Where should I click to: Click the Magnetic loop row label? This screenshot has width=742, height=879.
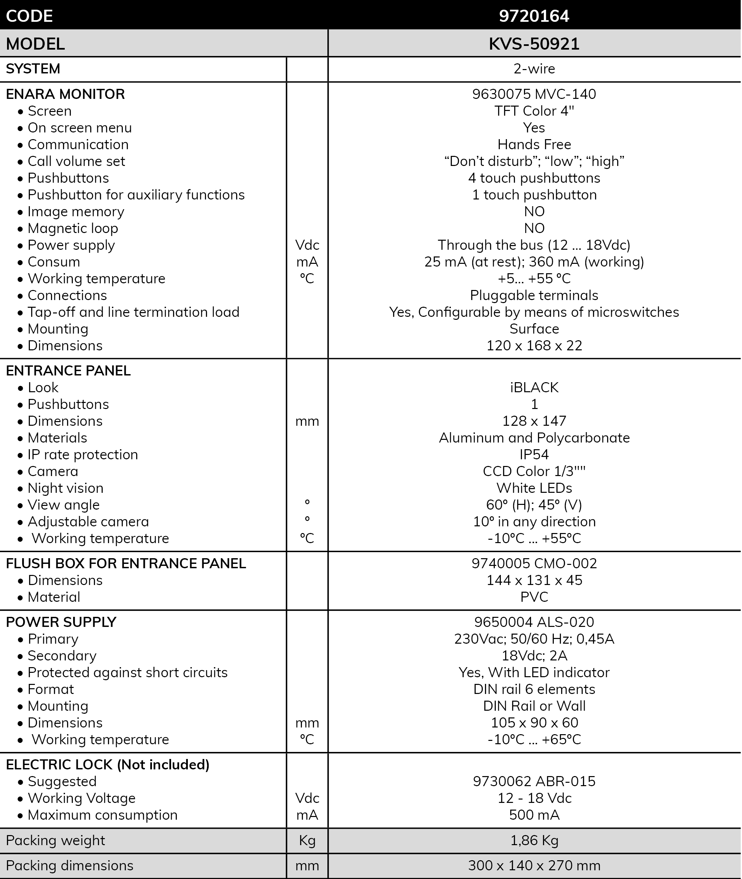click(x=73, y=228)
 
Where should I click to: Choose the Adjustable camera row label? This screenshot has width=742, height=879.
click(x=88, y=522)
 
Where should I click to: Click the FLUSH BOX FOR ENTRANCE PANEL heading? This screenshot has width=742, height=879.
click(x=126, y=563)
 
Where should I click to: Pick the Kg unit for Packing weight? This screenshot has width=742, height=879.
click(x=307, y=840)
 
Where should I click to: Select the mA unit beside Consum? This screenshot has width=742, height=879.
click(x=307, y=262)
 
